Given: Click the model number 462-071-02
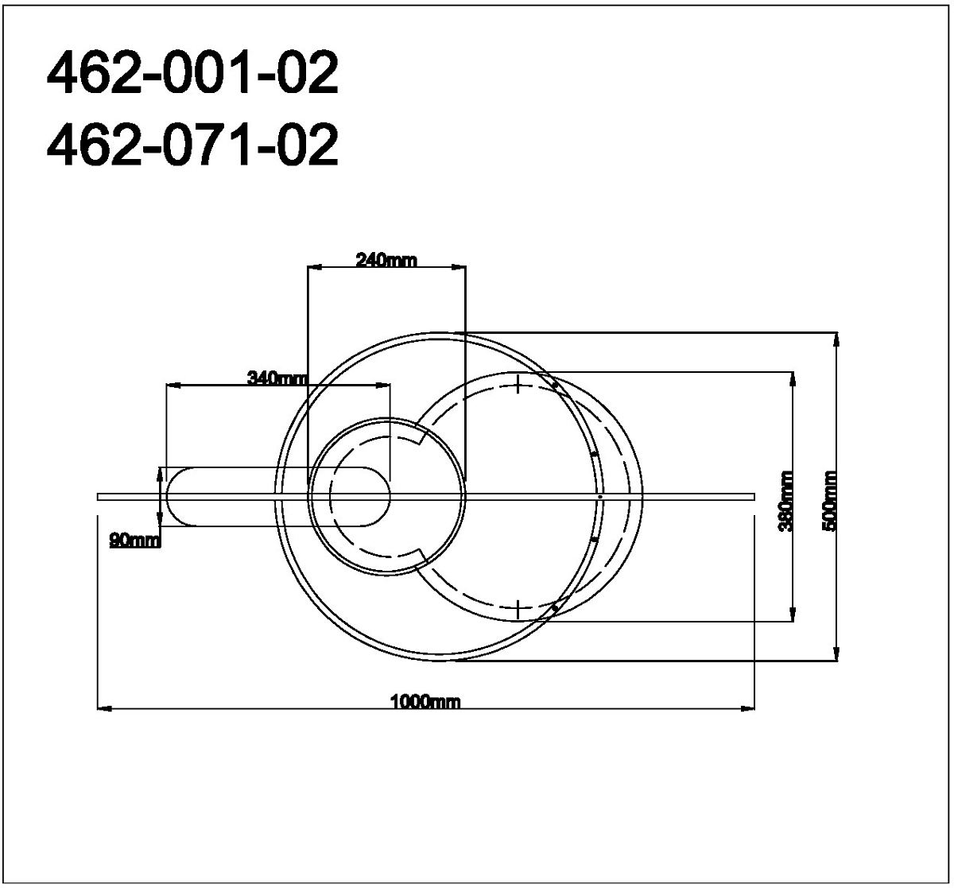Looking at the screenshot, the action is click(192, 144).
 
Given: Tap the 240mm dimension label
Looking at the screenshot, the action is click(386, 261).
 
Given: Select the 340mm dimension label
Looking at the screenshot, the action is click(277, 378).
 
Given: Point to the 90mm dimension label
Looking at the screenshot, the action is click(135, 541).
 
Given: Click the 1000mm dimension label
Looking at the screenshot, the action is click(425, 703).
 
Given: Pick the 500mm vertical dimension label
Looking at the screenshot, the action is click(830, 500).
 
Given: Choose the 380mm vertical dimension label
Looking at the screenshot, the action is click(785, 500).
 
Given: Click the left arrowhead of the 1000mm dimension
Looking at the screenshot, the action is click(105, 708).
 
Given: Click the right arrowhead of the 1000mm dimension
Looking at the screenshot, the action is click(747, 708).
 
